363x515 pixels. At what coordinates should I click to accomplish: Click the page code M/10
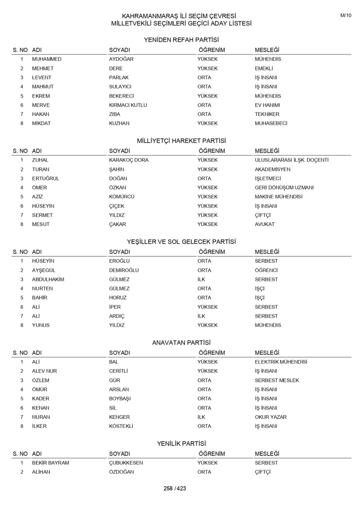pyautogui.click(x=346, y=15)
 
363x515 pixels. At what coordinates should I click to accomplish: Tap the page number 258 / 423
pyautogui.click(x=175, y=488)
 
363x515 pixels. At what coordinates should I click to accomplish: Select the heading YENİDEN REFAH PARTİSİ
pyautogui.click(x=181, y=40)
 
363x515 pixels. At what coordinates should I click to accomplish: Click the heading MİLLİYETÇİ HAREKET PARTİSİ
pyautogui.click(x=181, y=141)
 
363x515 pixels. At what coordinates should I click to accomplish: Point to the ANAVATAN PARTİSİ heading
pyautogui.click(x=181, y=343)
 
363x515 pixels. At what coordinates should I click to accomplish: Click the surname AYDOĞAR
pyautogui.click(x=121, y=59)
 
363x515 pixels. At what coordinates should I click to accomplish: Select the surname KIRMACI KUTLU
pyautogui.click(x=128, y=105)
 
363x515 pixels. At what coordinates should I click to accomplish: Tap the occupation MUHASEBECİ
pyautogui.click(x=271, y=123)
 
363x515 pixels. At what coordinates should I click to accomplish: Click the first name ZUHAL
pyautogui.click(x=40, y=160)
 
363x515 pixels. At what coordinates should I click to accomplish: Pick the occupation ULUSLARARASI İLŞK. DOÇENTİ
pyautogui.click(x=291, y=160)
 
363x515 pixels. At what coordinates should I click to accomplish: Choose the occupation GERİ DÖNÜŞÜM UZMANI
pyautogui.click(x=284, y=188)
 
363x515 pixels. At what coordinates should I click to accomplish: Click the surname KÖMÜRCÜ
pyautogui.click(x=122, y=197)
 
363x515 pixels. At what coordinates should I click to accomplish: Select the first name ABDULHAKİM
pyautogui.click(x=48, y=279)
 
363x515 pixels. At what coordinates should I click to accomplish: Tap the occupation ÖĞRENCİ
pyautogui.click(x=266, y=270)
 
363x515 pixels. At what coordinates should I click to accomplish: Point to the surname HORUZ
pyautogui.click(x=118, y=298)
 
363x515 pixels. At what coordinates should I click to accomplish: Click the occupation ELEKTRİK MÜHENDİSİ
pyautogui.click(x=281, y=362)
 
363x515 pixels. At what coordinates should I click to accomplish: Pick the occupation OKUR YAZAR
pyautogui.click(x=270, y=417)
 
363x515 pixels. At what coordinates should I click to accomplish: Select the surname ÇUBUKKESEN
pyautogui.click(x=126, y=463)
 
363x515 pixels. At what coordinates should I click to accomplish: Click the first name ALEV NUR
pyautogui.click(x=44, y=371)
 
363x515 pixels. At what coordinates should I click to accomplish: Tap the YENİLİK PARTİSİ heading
pyautogui.click(x=181, y=443)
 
